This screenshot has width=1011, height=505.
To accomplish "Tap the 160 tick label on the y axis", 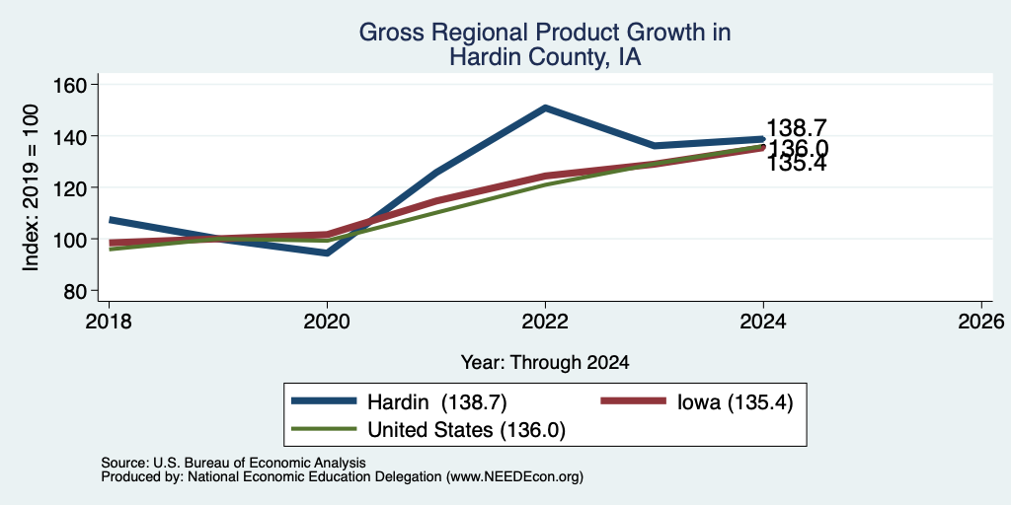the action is point(73,85).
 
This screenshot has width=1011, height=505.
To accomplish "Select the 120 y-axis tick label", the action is point(73,188).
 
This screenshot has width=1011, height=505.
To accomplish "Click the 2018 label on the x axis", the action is point(109,321).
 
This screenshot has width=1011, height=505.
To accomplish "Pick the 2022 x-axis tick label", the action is point(545,321).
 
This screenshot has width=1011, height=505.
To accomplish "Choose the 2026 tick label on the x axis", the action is point(981,321).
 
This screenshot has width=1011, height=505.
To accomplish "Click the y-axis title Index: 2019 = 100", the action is point(31,187).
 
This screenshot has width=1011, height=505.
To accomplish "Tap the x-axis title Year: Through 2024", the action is point(545,363).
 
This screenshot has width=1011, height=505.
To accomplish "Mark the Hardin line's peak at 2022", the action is point(545,108).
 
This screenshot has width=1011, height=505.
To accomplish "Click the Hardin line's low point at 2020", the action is point(327,252).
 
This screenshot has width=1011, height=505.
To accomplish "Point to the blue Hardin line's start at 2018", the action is point(111,220).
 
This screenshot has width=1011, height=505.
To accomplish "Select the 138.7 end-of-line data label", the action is point(797,128).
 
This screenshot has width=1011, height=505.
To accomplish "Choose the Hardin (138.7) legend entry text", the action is point(437,402).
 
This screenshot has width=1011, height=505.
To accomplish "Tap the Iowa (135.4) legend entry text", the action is point(735,402).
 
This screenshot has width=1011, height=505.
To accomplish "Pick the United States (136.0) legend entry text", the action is point(466,430).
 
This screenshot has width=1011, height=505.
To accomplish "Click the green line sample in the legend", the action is point(324,428).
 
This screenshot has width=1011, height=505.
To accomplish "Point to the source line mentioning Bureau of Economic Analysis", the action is point(233,464).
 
